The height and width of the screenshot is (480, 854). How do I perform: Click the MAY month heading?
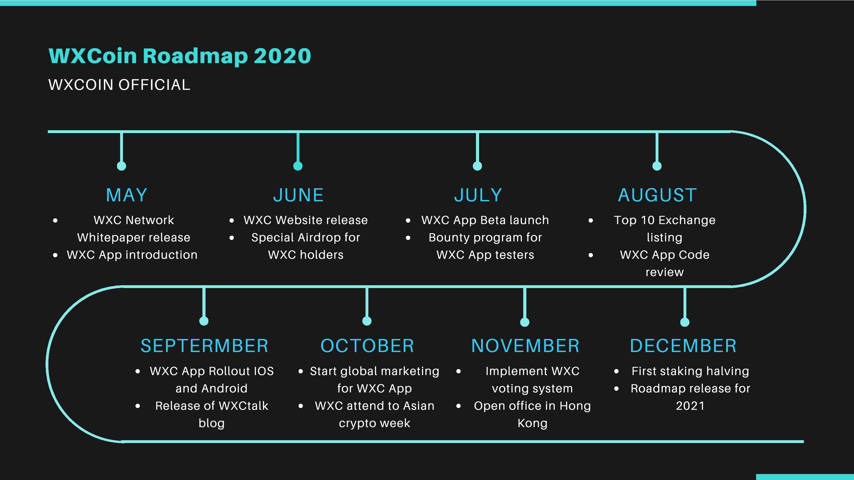127,195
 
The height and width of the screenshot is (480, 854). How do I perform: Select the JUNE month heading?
298,195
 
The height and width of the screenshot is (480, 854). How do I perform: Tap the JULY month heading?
478,195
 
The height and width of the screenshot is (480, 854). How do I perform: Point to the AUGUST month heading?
657,195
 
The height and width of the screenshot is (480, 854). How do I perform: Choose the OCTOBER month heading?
367,346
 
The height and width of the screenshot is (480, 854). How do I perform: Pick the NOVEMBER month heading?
525,346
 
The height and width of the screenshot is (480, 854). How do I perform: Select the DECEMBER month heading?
683,346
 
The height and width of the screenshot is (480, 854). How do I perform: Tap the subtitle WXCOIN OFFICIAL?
119,85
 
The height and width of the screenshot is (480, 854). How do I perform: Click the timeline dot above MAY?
122,166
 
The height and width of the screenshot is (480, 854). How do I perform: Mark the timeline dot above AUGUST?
657,166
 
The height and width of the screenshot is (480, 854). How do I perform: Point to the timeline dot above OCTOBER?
367,321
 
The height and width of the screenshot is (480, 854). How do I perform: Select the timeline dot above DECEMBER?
685,322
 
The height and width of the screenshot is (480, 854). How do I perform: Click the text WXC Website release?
306,220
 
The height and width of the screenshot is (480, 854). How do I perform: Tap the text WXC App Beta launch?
485,220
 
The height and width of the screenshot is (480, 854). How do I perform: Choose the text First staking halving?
690,371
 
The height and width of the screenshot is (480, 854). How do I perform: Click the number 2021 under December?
690,406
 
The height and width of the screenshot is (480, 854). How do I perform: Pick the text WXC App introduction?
132,255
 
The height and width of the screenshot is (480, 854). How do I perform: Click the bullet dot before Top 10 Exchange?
591,220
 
